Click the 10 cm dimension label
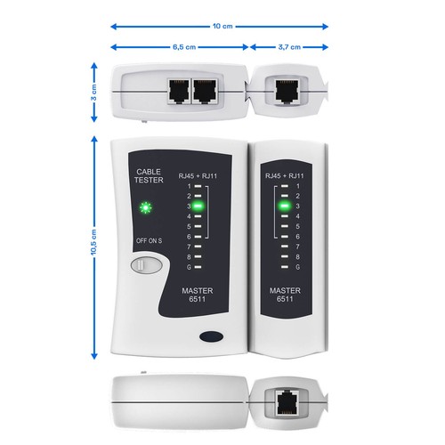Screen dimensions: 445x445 pos(222,26)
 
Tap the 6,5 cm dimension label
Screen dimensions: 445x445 pos(181,46)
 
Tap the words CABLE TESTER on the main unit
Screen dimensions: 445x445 pos(149,175)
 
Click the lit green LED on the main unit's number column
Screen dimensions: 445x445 pos(198,206)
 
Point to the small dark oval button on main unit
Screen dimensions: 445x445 pos(211,337)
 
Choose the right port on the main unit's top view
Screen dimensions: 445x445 pos(206,91)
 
